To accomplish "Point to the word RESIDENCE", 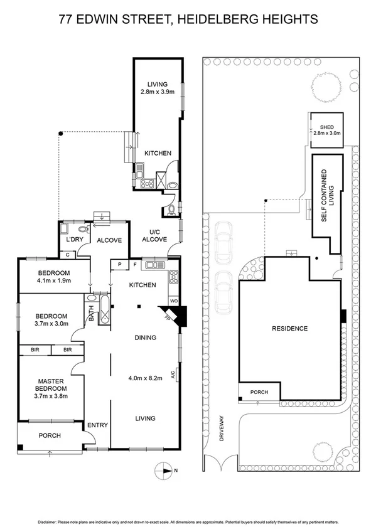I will click(x=289, y=328).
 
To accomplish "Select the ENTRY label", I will click(x=97, y=425).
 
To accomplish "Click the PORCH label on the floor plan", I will click(x=50, y=435).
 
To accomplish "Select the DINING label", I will click(x=145, y=338).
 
